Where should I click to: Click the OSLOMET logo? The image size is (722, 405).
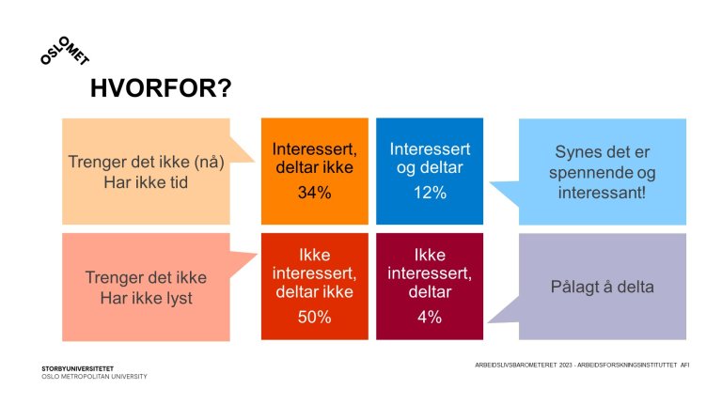pyautogui.click(x=65, y=50)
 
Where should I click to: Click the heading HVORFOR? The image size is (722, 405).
pyautogui.click(x=161, y=88)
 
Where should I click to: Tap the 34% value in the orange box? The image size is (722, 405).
pyautogui.click(x=315, y=193)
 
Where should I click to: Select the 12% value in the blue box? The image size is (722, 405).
pyautogui.click(x=430, y=193)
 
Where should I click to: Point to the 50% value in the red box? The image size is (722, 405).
pyautogui.click(x=315, y=317)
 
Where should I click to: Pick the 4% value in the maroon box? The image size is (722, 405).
pyautogui.click(x=430, y=317)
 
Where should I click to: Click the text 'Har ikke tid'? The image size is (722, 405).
pyautogui.click(x=146, y=182)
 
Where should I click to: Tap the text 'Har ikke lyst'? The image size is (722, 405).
pyautogui.click(x=146, y=298)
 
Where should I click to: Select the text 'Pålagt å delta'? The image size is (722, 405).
pyautogui.click(x=603, y=287)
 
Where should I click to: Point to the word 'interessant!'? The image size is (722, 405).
pyautogui.click(x=603, y=193)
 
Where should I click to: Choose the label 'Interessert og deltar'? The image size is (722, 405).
pyautogui.click(x=430, y=158)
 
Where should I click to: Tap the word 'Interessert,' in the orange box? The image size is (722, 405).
pyautogui.click(x=315, y=149)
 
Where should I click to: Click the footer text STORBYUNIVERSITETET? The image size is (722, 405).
pyautogui.click(x=77, y=368)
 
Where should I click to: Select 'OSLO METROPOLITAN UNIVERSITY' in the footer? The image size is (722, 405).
pyautogui.click(x=94, y=377)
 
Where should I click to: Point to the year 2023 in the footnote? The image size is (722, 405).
pyautogui.click(x=565, y=365)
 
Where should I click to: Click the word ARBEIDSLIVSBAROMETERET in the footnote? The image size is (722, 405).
pyautogui.click(x=516, y=365)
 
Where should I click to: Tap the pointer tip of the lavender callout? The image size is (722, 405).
pyautogui.click(x=488, y=322)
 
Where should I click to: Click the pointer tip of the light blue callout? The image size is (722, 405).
pyautogui.click(x=490, y=182)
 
